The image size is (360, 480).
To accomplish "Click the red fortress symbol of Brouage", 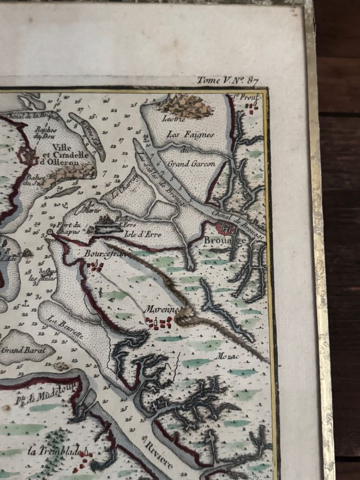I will click(x=225, y=228).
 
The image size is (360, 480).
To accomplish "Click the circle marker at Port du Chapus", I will click(x=50, y=232).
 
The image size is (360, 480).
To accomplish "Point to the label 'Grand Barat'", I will click(x=23, y=349).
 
